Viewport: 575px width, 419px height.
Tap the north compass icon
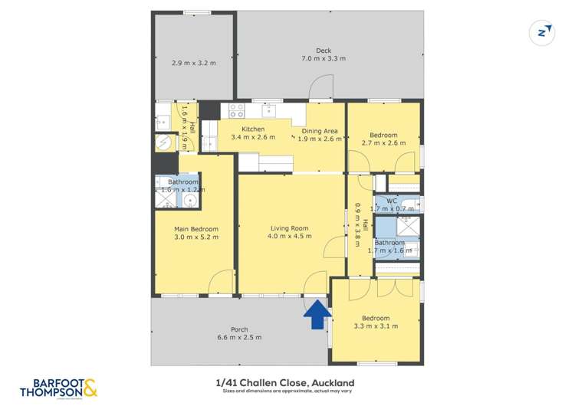[x=543, y=32]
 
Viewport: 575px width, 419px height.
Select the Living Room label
[x=289, y=228]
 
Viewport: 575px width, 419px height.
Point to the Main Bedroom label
[x=195, y=228]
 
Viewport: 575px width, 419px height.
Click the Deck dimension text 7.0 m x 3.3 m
[x=323, y=59]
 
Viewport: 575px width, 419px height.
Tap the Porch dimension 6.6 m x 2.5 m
[x=239, y=337]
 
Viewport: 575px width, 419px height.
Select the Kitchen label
[x=253, y=129]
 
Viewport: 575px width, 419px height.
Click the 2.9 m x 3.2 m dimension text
[x=193, y=63]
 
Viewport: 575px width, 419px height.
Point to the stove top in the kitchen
[x=237, y=110]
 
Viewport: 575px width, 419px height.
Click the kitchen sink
[x=271, y=110]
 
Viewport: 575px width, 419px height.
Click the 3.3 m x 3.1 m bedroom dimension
[x=376, y=327]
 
